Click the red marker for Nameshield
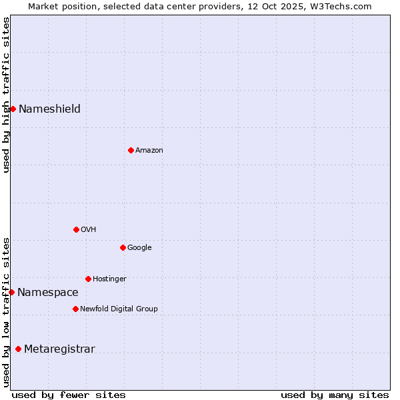[13, 109]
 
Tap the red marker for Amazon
[131, 150]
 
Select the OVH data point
[76, 229]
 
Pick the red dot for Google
[123, 247]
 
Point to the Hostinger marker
[88, 279]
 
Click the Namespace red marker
[11, 292]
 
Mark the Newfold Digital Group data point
[75, 309]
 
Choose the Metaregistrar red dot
[18, 349]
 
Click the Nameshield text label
[49, 109]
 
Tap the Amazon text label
[149, 151]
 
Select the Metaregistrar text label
[59, 349]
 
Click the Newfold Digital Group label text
[119, 309]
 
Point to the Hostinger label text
[109, 279]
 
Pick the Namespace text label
[47, 293]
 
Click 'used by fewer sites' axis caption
[69, 395]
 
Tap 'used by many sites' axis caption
[335, 395]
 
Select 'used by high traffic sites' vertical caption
[6, 95]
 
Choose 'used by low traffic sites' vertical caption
[6, 312]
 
